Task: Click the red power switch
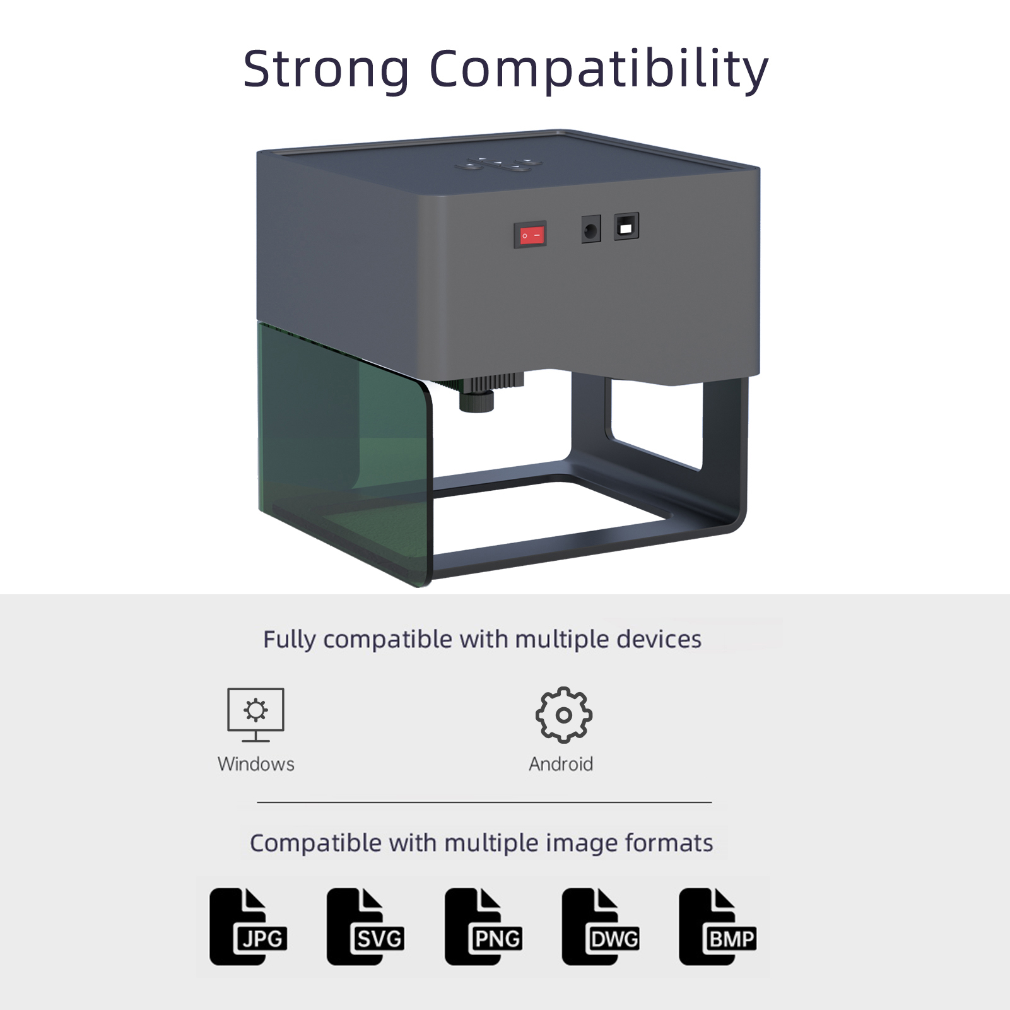tap(529, 235)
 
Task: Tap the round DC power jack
tap(590, 230)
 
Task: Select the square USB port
tap(626, 226)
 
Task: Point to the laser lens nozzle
tap(476, 400)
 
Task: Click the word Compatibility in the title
tap(599, 70)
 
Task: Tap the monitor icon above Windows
tap(255, 715)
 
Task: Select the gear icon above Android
tap(564, 715)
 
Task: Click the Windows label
tap(255, 764)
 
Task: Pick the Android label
tap(561, 764)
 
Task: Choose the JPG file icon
tap(249, 927)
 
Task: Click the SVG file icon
tap(366, 927)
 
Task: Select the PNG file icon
tap(484, 927)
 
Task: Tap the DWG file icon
tap(601, 927)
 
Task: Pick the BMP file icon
tap(718, 927)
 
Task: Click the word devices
tap(659, 639)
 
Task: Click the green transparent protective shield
tap(344, 454)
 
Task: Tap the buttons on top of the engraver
tap(498, 165)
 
